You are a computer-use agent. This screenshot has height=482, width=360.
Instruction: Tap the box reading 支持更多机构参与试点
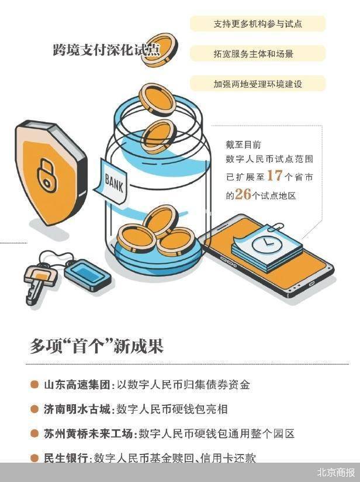point(258,24)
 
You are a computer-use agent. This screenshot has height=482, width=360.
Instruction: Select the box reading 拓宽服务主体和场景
point(258,54)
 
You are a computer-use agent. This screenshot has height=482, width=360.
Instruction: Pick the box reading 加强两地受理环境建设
point(258,84)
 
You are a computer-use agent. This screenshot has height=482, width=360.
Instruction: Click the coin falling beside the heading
point(161,50)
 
